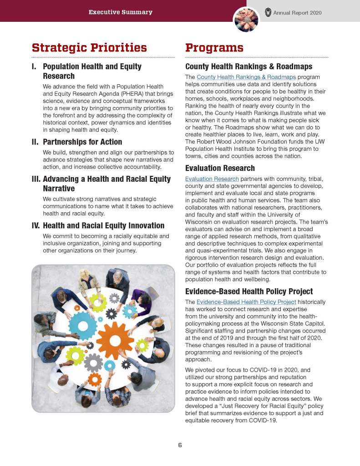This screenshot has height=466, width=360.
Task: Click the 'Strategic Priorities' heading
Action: click(x=89, y=48)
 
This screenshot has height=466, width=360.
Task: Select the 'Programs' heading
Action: click(x=214, y=48)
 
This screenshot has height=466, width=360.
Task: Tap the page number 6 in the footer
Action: click(x=180, y=445)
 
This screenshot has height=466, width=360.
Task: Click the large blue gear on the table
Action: click(x=83, y=325)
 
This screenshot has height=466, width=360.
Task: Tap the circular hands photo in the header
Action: click(x=246, y=20)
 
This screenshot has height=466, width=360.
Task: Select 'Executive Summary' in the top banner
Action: click(x=121, y=12)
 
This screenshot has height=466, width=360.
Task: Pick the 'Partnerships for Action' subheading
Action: click(x=82, y=142)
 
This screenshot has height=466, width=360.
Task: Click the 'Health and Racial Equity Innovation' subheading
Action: click(x=103, y=225)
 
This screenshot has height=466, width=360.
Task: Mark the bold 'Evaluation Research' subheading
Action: click(x=220, y=169)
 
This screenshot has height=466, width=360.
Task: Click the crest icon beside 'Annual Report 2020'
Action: click(x=269, y=12)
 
